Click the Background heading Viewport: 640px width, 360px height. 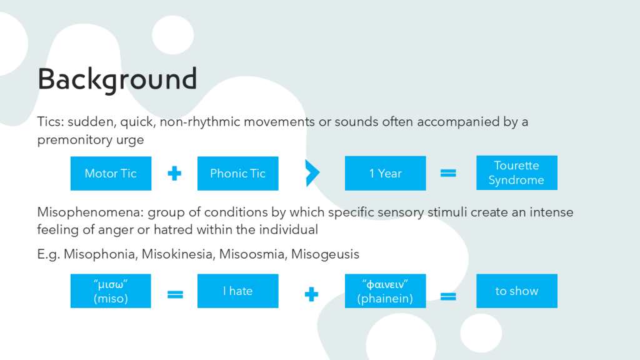[x=117, y=79]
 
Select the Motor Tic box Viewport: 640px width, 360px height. [x=111, y=174]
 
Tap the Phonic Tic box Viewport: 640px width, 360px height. [x=238, y=174]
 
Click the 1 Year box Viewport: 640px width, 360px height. [x=385, y=173]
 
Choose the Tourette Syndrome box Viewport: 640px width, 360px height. [x=517, y=172]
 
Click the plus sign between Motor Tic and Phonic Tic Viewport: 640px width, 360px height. [x=174, y=174]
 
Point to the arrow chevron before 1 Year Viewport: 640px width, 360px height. [x=312, y=173]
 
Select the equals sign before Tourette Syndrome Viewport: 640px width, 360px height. [x=448, y=174]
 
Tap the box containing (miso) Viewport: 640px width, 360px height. [x=111, y=291]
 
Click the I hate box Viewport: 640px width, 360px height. [x=238, y=291]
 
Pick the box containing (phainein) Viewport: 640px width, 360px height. [x=385, y=291]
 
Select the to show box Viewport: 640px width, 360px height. [x=517, y=291]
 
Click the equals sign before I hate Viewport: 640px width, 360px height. [x=175, y=294]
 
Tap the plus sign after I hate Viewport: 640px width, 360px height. [x=311, y=294]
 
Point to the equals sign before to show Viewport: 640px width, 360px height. [x=448, y=296]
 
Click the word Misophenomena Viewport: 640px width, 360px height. [x=90, y=212]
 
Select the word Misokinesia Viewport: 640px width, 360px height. [x=177, y=254]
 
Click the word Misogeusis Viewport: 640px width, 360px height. [x=325, y=254]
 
